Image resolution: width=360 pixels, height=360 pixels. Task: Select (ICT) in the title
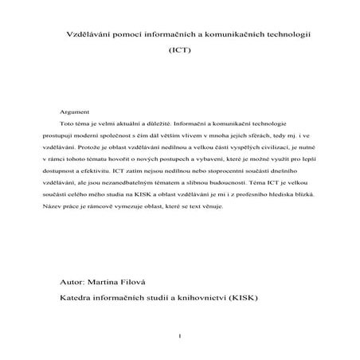pyautogui.click(x=180, y=50)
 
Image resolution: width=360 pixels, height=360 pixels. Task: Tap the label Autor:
pyautogui.click(x=75, y=282)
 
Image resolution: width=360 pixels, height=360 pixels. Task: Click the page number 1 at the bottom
pyautogui.click(x=180, y=335)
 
